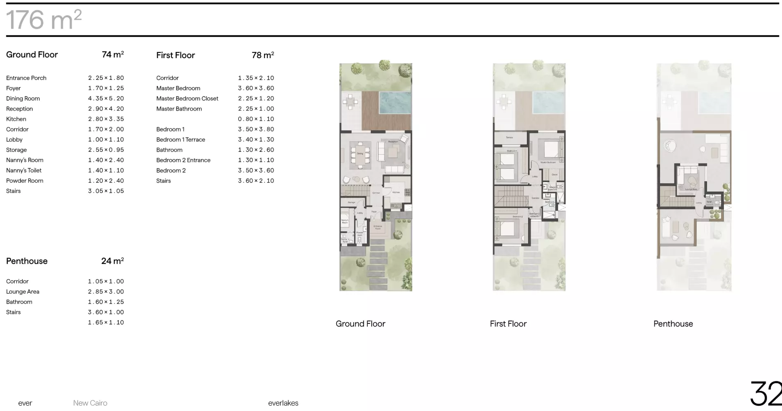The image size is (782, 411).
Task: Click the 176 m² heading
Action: (x=44, y=20)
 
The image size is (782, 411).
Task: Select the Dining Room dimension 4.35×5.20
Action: (x=106, y=99)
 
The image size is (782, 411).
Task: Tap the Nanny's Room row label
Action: (x=25, y=160)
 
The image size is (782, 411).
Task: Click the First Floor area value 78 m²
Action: (x=262, y=55)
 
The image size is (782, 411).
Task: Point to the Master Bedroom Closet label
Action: (x=187, y=99)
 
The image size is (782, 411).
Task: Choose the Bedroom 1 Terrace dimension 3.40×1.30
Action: (x=256, y=140)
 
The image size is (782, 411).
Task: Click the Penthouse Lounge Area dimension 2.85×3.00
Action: (x=106, y=291)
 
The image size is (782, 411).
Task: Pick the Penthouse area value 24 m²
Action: (x=112, y=261)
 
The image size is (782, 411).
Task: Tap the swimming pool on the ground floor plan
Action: (x=395, y=102)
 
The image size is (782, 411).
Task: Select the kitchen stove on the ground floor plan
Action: (x=407, y=192)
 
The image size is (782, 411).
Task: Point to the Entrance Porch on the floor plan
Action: (x=377, y=228)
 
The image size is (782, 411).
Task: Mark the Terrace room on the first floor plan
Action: (x=509, y=138)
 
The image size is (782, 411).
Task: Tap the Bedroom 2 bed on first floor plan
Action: (x=507, y=229)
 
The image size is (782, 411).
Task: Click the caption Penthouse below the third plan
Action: (x=673, y=324)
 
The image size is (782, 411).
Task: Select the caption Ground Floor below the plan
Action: (x=360, y=324)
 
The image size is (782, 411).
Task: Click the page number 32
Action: (x=765, y=394)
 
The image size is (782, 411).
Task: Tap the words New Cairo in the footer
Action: (x=90, y=403)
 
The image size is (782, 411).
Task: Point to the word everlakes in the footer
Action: (x=283, y=403)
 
